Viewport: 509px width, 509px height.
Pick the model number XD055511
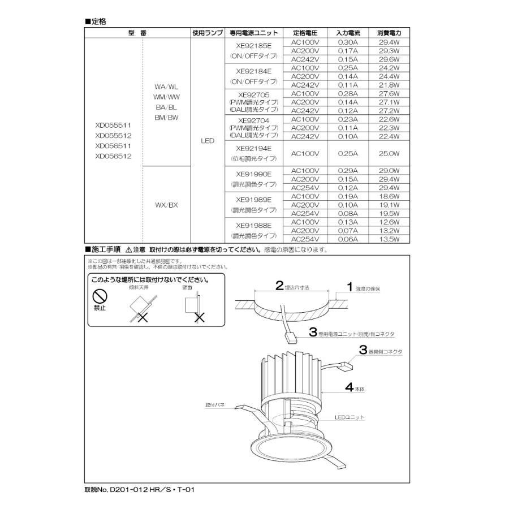(x=113, y=126)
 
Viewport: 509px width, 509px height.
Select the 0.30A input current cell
(x=348, y=42)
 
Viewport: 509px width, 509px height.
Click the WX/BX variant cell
(x=166, y=205)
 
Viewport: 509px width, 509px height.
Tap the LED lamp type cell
(x=208, y=140)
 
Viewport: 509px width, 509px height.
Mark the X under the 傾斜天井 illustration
(x=142, y=317)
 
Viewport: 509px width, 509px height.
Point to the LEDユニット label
(x=349, y=417)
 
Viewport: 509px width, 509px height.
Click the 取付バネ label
(x=215, y=405)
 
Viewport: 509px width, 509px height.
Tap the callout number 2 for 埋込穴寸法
(x=279, y=286)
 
